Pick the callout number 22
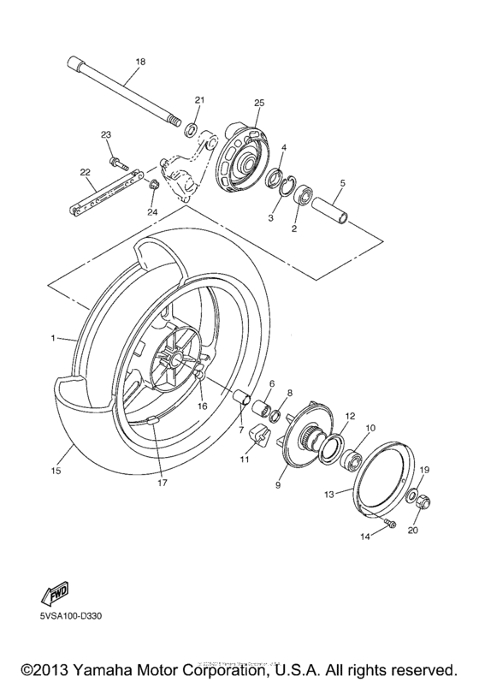pos(85,172)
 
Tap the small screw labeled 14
pos(390,524)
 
